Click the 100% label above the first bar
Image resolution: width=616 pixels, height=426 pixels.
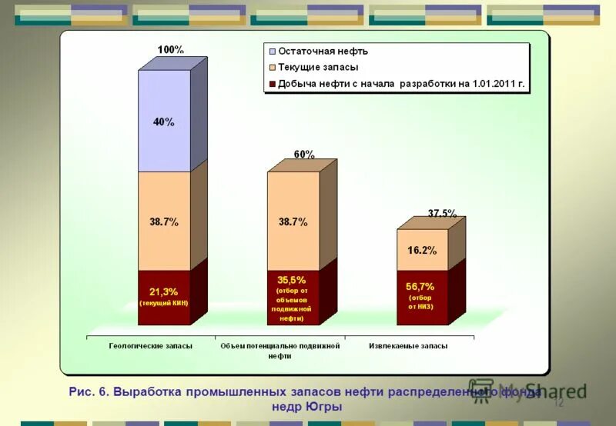pyautogui.click(x=170, y=49)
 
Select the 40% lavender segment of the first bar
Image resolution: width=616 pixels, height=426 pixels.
pyautogui.click(x=164, y=121)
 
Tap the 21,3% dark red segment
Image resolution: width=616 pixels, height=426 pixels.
pyautogui.click(x=164, y=297)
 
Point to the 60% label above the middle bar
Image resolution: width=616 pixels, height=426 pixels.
pyautogui.click(x=303, y=154)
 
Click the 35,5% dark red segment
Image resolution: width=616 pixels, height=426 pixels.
pyautogui.click(x=293, y=297)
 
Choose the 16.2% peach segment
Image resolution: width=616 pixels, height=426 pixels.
pyautogui.click(x=421, y=250)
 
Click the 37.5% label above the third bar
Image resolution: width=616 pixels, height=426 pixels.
pyautogui.click(x=442, y=213)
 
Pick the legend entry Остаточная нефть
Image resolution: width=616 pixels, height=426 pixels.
pyautogui.click(x=323, y=52)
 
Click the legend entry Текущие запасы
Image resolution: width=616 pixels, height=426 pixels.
pyautogui.click(x=318, y=68)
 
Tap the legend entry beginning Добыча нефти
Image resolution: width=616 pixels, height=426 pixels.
pyautogui.click(x=401, y=84)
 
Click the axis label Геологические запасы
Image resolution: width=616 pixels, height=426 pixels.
pyautogui.click(x=150, y=346)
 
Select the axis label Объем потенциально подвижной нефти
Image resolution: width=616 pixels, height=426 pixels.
pyautogui.click(x=280, y=351)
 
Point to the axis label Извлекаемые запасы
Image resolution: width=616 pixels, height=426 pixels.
pyautogui.click(x=408, y=346)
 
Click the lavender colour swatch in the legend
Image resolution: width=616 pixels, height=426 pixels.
pyautogui.click(x=270, y=52)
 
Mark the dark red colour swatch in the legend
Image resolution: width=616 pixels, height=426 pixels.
pyautogui.click(x=270, y=84)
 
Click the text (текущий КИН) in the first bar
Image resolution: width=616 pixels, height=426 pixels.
pyautogui.click(x=163, y=303)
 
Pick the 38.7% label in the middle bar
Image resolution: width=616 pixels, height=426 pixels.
pyautogui.click(x=293, y=221)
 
